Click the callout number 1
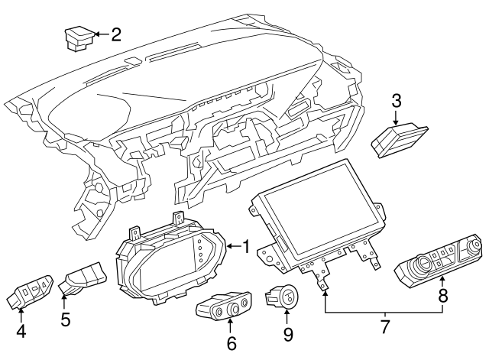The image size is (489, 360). click(x=246, y=246)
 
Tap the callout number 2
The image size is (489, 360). click(x=116, y=34)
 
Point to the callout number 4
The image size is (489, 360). click(x=21, y=332)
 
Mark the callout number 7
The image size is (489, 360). click(x=385, y=327)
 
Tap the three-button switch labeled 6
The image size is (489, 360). click(x=222, y=306)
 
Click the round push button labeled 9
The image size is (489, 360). click(x=286, y=296)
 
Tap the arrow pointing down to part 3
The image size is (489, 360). click(x=396, y=118)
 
